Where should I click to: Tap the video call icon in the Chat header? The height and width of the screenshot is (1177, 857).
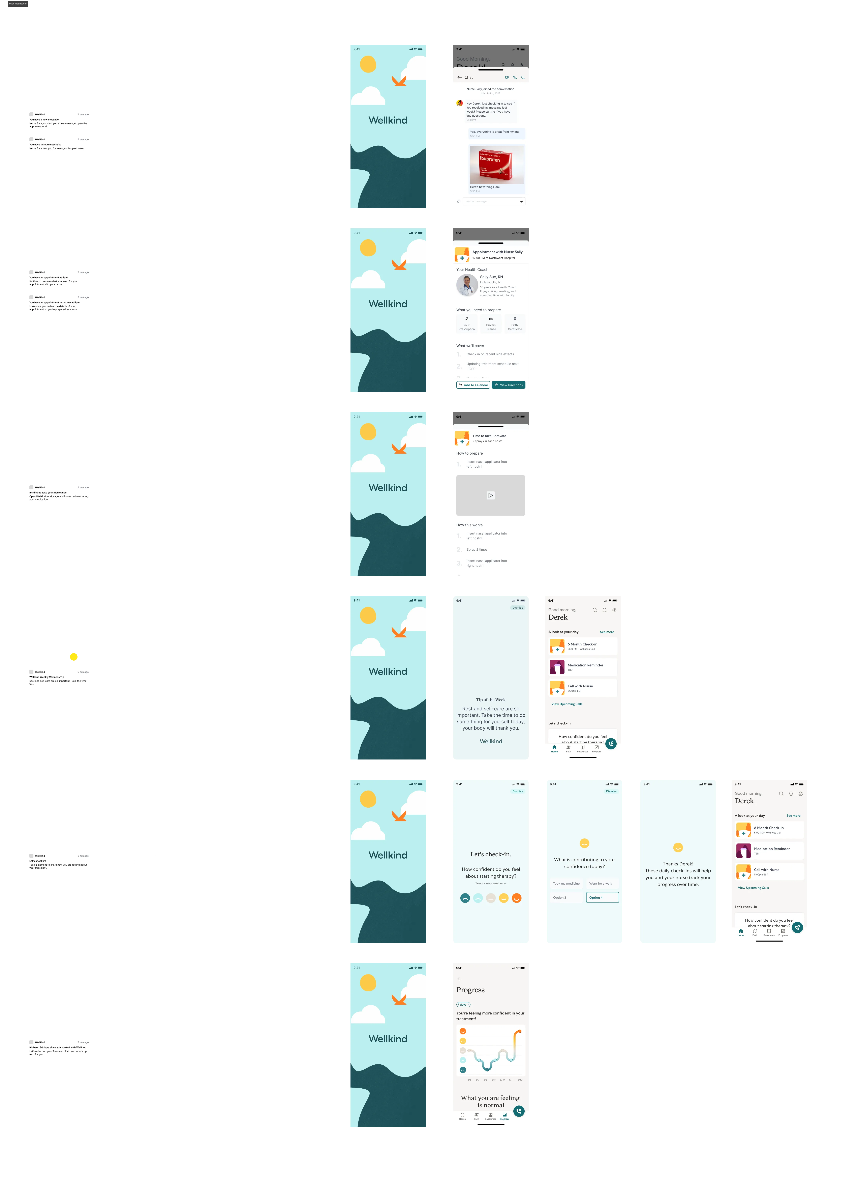tap(507, 77)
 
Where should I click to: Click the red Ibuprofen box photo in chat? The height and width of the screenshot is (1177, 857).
tap(496, 165)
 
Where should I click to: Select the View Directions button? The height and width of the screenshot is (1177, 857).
tap(508, 385)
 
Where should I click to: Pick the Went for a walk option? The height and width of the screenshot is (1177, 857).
tap(601, 883)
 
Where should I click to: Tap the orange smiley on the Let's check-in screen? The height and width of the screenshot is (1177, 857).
tap(517, 898)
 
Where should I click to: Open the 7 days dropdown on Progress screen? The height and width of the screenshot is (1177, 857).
tap(463, 1005)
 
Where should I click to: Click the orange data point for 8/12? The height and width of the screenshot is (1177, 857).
tap(519, 1031)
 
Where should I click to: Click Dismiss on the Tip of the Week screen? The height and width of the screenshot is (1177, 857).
tap(517, 608)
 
